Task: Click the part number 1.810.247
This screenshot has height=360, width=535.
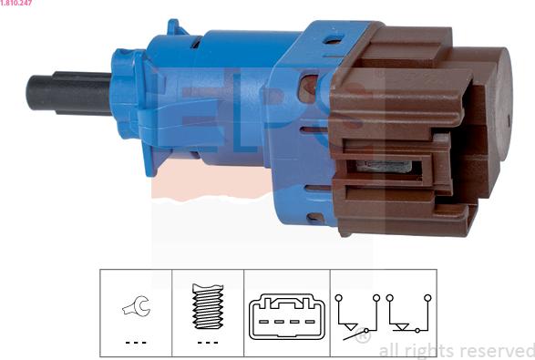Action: [x=16, y=3]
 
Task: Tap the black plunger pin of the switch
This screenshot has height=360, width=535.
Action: [x=69, y=93]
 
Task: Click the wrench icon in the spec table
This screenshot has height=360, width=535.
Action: [x=136, y=305]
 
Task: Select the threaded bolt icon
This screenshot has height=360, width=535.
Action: [x=208, y=306]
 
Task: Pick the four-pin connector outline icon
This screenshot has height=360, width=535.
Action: [x=286, y=316]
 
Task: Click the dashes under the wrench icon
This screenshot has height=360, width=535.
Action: [x=136, y=343]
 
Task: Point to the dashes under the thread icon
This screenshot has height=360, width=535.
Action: [x=208, y=343]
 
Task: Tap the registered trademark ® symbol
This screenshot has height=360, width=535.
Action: [x=363, y=335]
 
